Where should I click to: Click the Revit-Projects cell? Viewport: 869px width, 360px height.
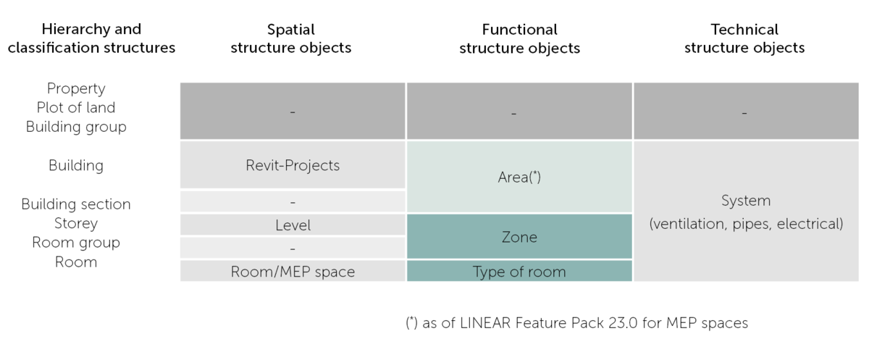[293, 165]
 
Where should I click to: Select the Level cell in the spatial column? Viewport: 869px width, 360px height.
[293, 225]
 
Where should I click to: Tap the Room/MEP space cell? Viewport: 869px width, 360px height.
[293, 272]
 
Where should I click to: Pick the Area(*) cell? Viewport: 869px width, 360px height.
[519, 177]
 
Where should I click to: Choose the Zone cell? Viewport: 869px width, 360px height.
[519, 237]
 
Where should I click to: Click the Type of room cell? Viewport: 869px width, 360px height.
[519, 272]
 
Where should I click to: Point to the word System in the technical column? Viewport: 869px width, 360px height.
[746, 201]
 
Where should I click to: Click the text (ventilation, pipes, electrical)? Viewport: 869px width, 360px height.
[746, 224]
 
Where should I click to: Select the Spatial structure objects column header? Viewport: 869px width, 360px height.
[290, 39]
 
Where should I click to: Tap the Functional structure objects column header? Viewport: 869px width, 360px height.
[519, 39]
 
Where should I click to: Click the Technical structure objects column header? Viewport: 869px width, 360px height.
[744, 39]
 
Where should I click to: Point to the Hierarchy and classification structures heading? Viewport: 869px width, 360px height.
[91, 39]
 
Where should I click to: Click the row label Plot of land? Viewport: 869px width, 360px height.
[76, 107]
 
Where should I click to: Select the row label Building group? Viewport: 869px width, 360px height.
[76, 127]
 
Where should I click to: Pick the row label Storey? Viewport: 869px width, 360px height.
[76, 223]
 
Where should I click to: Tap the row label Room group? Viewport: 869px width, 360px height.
[76, 243]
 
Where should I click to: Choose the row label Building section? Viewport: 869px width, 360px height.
[76, 204]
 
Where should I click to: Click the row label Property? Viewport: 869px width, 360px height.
[76, 88]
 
